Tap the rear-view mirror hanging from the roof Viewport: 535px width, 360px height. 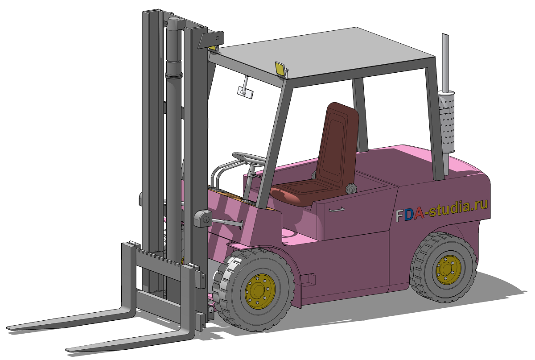tap(245, 92)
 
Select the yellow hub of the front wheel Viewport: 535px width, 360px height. tap(260, 291)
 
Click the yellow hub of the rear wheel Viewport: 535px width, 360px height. tap(449, 270)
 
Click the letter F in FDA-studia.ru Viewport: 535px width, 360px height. tap(399, 215)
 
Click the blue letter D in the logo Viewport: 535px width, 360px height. tap(409, 215)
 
